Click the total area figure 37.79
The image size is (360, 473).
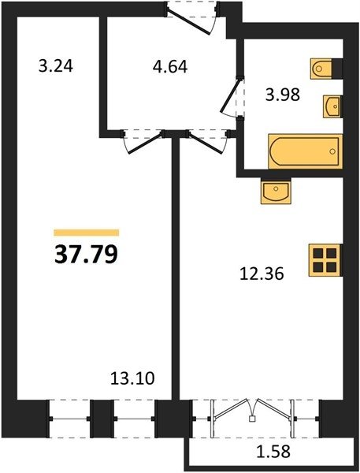tap(86, 254)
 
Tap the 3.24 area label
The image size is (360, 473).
tap(56, 65)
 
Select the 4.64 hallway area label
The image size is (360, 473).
tap(170, 67)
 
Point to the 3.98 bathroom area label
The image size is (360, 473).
tap(283, 95)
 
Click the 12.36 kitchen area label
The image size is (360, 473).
tap(262, 274)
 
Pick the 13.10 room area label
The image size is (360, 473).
tap(132, 378)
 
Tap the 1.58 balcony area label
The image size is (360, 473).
tap(273, 451)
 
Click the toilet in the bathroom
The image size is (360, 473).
tap(321, 69)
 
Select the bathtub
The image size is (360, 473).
tap(306, 151)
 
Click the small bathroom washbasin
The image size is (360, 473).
tap(332, 106)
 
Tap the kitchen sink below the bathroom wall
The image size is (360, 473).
tap(276, 192)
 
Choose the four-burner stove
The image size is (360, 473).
tap(325, 260)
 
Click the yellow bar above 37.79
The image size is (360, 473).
tap(87, 233)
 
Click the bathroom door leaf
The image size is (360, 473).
tap(232, 95)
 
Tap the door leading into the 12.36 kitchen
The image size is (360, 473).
tap(206, 143)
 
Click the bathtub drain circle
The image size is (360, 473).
tap(332, 151)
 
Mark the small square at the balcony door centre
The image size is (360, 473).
tap(252, 419)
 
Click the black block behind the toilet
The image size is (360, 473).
tap(337, 68)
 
